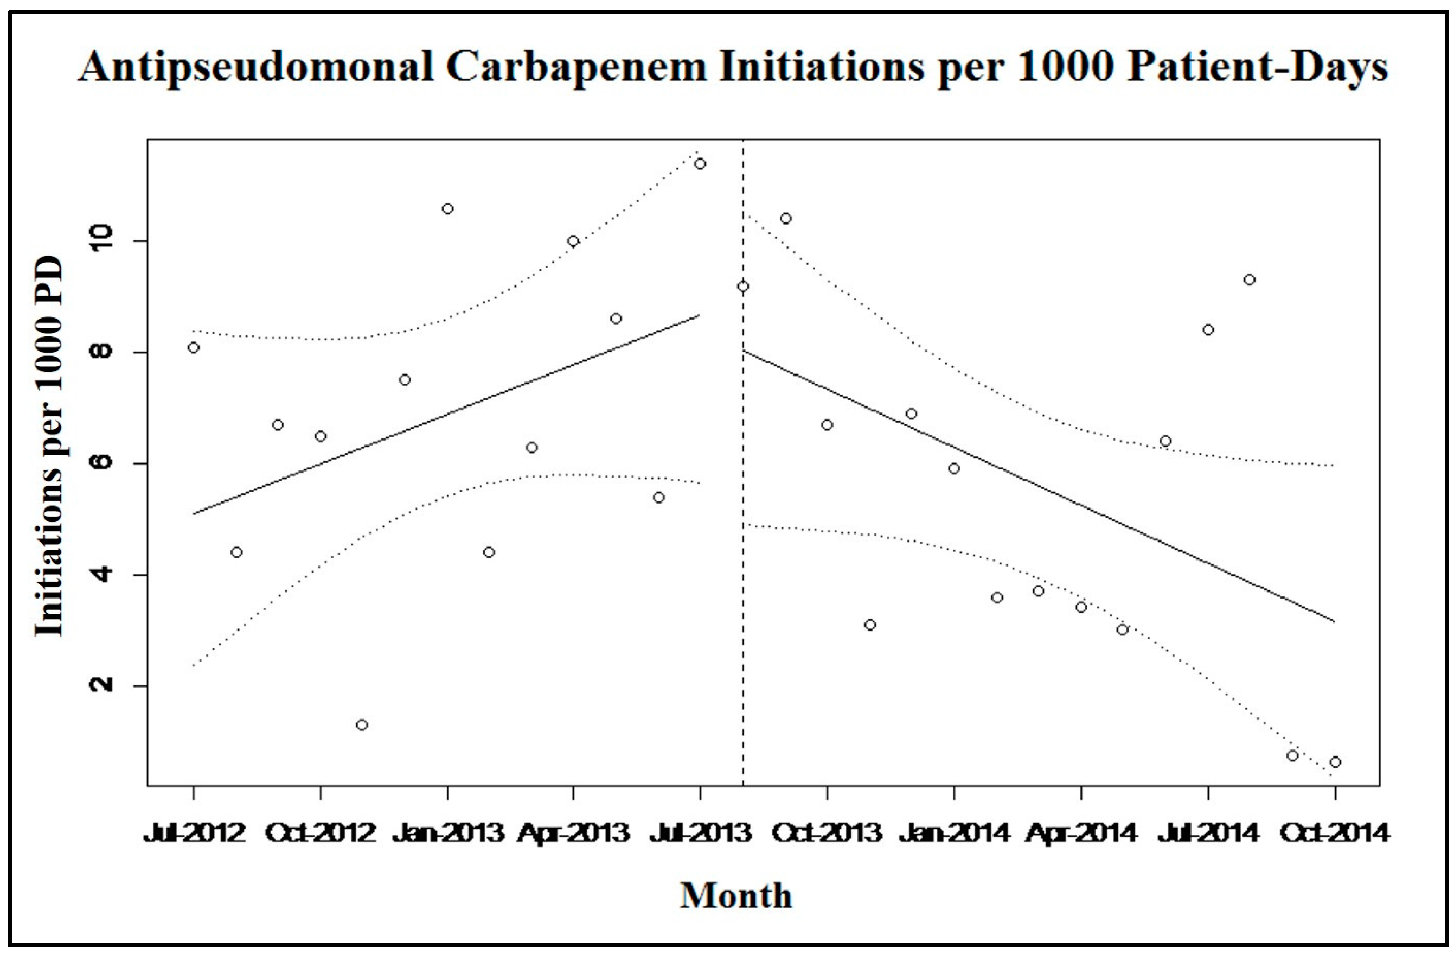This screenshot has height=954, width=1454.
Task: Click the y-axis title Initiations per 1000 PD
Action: click(49, 446)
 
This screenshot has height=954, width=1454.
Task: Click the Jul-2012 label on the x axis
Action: click(194, 832)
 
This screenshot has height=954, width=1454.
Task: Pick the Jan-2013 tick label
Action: click(448, 832)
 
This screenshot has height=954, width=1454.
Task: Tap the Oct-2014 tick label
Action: click(1335, 832)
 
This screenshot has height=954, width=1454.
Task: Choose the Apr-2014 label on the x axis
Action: click(1081, 832)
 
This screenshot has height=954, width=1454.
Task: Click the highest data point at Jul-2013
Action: click(700, 163)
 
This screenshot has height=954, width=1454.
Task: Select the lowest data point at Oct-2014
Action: click(1335, 762)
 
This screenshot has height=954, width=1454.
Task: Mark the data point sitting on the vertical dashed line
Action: click(743, 286)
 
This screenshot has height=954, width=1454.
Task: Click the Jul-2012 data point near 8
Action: click(194, 347)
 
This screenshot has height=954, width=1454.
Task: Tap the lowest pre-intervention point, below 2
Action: click(362, 725)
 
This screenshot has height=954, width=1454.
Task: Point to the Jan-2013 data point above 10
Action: click(448, 209)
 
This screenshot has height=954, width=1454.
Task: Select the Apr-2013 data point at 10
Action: click(573, 241)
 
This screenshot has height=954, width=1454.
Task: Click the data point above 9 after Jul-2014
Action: click(1250, 279)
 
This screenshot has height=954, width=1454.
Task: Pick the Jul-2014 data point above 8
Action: click(1208, 330)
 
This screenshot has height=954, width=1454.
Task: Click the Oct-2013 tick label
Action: click(827, 832)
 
